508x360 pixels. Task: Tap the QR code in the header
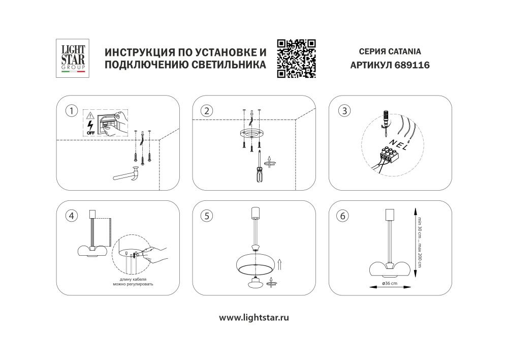[296, 58]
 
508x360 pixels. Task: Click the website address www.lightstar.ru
[254, 317]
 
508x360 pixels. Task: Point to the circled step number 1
[73, 110]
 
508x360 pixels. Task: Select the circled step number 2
[206, 110]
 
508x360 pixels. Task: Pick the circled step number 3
[344, 110]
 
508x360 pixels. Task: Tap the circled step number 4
[73, 216]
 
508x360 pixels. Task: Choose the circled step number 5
[206, 216]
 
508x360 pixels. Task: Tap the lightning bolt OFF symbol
[91, 126]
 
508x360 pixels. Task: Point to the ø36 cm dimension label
[390, 283]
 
